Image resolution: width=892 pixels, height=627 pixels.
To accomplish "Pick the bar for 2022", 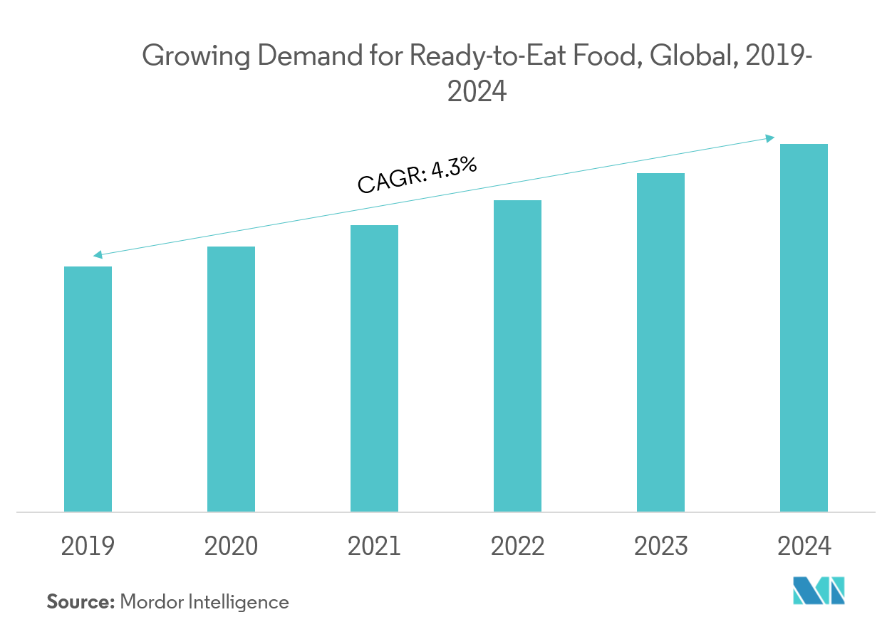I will click(517, 356).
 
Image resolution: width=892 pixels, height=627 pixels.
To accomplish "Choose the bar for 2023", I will click(660, 343).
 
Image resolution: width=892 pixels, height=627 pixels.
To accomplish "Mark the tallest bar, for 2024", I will click(804, 328).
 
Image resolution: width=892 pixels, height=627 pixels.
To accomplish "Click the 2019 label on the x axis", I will click(88, 546).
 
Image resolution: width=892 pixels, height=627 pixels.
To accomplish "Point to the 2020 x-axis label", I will click(231, 546).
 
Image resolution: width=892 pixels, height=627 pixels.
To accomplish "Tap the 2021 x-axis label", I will click(374, 546).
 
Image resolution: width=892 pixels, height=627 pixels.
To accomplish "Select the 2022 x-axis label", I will click(517, 546).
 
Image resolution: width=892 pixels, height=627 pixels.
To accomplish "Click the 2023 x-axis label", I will click(660, 546).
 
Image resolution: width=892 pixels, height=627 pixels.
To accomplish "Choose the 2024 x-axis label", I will click(804, 546).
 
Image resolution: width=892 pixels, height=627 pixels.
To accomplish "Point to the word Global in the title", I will click(695, 56).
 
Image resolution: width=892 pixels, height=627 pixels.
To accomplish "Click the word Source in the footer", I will click(80, 602).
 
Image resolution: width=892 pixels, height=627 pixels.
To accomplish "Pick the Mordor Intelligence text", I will click(204, 602).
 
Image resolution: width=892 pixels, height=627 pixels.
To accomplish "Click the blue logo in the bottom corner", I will click(819, 591).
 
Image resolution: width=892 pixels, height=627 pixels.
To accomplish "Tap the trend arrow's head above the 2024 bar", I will click(771, 138).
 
